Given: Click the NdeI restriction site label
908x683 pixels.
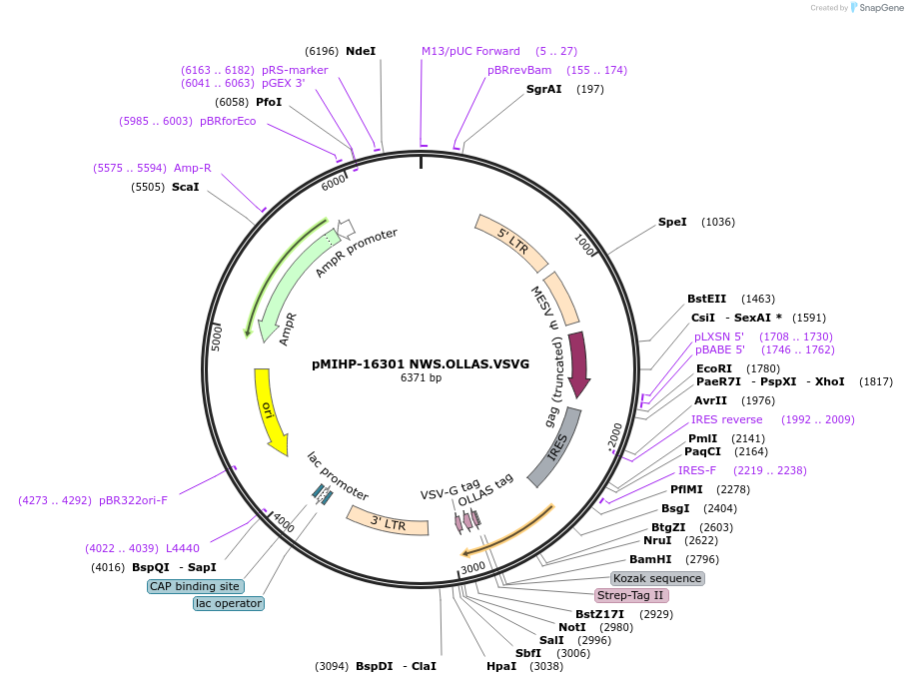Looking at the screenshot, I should pos(360,51).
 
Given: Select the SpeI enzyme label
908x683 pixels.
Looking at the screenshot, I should pos(672,222).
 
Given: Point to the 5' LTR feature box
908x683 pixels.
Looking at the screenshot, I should pos(510,241).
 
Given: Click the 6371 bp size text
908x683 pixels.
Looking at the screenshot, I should pos(421,377).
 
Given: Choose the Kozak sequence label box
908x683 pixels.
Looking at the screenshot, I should pos(657,578).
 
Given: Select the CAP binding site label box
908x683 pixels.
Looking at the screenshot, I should pos(194,586).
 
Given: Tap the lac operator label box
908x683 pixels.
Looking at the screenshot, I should pos(229,603).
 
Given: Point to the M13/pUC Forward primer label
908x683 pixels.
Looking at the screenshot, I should pos(470,51).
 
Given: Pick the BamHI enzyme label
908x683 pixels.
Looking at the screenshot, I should pos(650,559).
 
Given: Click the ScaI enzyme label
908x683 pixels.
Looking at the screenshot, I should pos(186,187).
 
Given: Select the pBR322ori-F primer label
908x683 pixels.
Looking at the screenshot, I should pos(133,500).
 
